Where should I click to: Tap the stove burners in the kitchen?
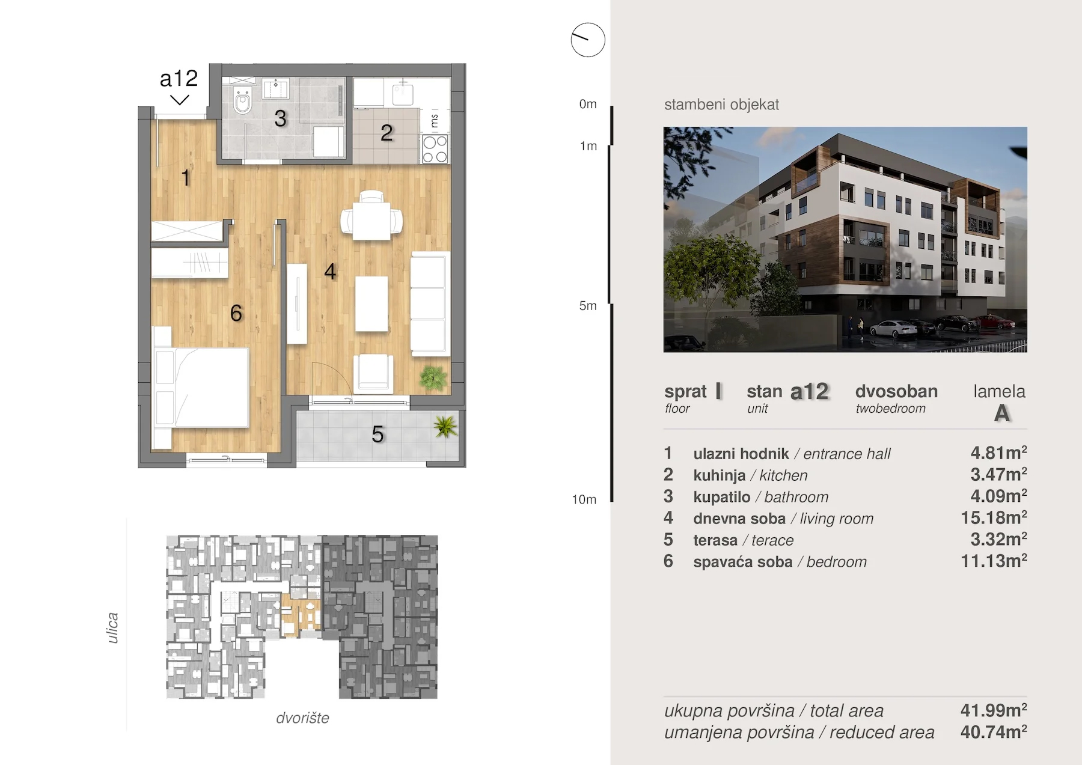coord(435,149)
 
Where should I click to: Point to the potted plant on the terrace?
coord(445,426)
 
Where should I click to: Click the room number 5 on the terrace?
coord(377,434)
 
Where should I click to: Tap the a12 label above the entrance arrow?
coord(179,78)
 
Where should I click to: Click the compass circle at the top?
coord(588,40)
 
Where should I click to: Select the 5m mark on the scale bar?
coord(588,305)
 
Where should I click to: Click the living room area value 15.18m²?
coord(994,517)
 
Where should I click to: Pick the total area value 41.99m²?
coord(994,710)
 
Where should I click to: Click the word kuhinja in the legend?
coord(720,475)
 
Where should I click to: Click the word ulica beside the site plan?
coord(112,628)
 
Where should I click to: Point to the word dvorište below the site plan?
coord(302,718)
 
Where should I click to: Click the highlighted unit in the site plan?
coord(301,614)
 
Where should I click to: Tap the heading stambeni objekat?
coord(721,105)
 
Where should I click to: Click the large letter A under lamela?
coord(1002,413)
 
